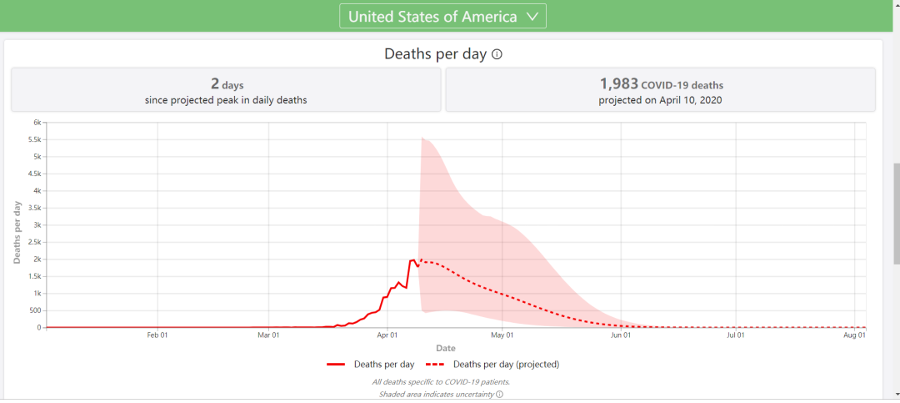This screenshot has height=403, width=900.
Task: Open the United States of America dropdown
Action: (x=442, y=17)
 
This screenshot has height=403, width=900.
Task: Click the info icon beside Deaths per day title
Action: (x=497, y=54)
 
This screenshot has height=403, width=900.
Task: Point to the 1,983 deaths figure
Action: (x=618, y=83)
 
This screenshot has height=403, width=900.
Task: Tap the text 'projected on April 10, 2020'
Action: (x=660, y=100)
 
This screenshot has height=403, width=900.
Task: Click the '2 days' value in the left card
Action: (x=227, y=83)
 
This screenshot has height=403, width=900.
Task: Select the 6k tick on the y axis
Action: (x=37, y=122)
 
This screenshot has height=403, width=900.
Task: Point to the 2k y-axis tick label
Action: (x=37, y=259)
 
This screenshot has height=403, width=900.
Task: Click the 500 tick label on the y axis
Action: (x=34, y=310)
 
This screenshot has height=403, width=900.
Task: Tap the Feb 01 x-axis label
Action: (x=157, y=335)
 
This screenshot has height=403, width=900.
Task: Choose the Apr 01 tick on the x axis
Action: (x=387, y=335)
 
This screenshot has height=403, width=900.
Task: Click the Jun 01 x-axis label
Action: (x=621, y=335)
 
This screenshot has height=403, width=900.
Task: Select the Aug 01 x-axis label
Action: (x=855, y=335)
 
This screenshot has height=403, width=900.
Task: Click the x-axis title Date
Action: (x=445, y=348)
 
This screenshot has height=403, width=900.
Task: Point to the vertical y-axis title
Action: (x=17, y=233)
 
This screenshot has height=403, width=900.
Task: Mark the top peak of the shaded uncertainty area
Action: (x=422, y=138)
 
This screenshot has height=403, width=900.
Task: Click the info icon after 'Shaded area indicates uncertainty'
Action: (x=499, y=394)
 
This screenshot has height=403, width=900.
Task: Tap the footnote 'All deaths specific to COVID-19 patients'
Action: (x=440, y=382)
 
